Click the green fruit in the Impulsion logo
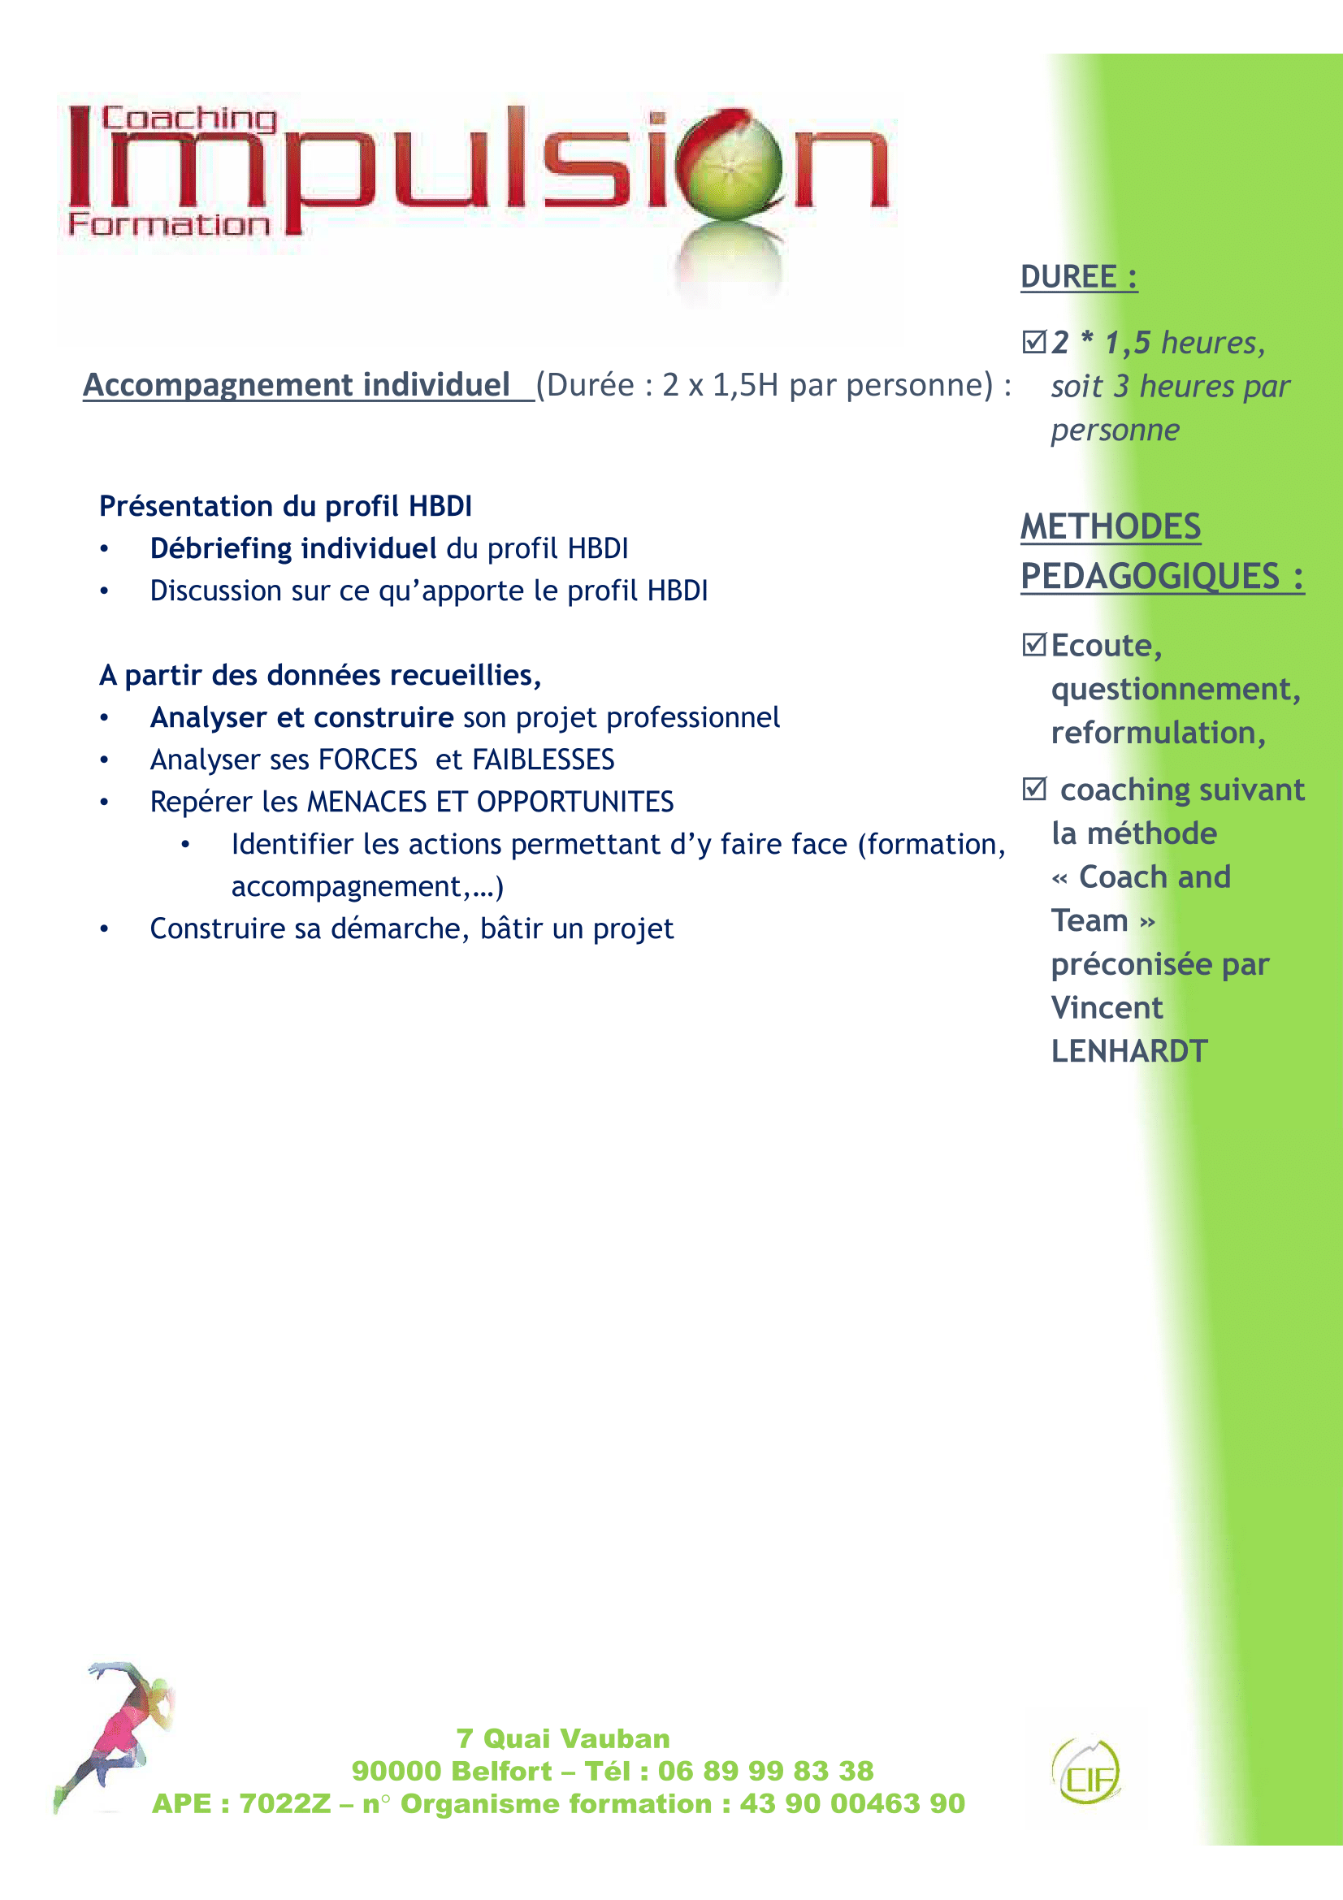tap(729, 165)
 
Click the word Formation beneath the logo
tap(169, 224)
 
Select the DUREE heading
tap(1077, 276)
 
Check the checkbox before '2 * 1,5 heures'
tap(1033, 342)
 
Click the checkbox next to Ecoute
tap(1033, 645)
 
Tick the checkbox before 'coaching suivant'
tap(1033, 789)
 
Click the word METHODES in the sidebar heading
tap(1110, 527)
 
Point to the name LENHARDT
tap(1129, 1051)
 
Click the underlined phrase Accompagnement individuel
tap(297, 385)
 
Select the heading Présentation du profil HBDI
tap(285, 505)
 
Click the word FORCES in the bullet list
tap(367, 760)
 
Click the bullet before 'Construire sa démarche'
tap(104, 929)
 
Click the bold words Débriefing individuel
tap(293, 548)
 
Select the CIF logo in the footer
tap(1085, 1772)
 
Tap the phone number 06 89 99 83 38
tap(765, 1771)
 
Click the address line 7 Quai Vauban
tap(563, 1738)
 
